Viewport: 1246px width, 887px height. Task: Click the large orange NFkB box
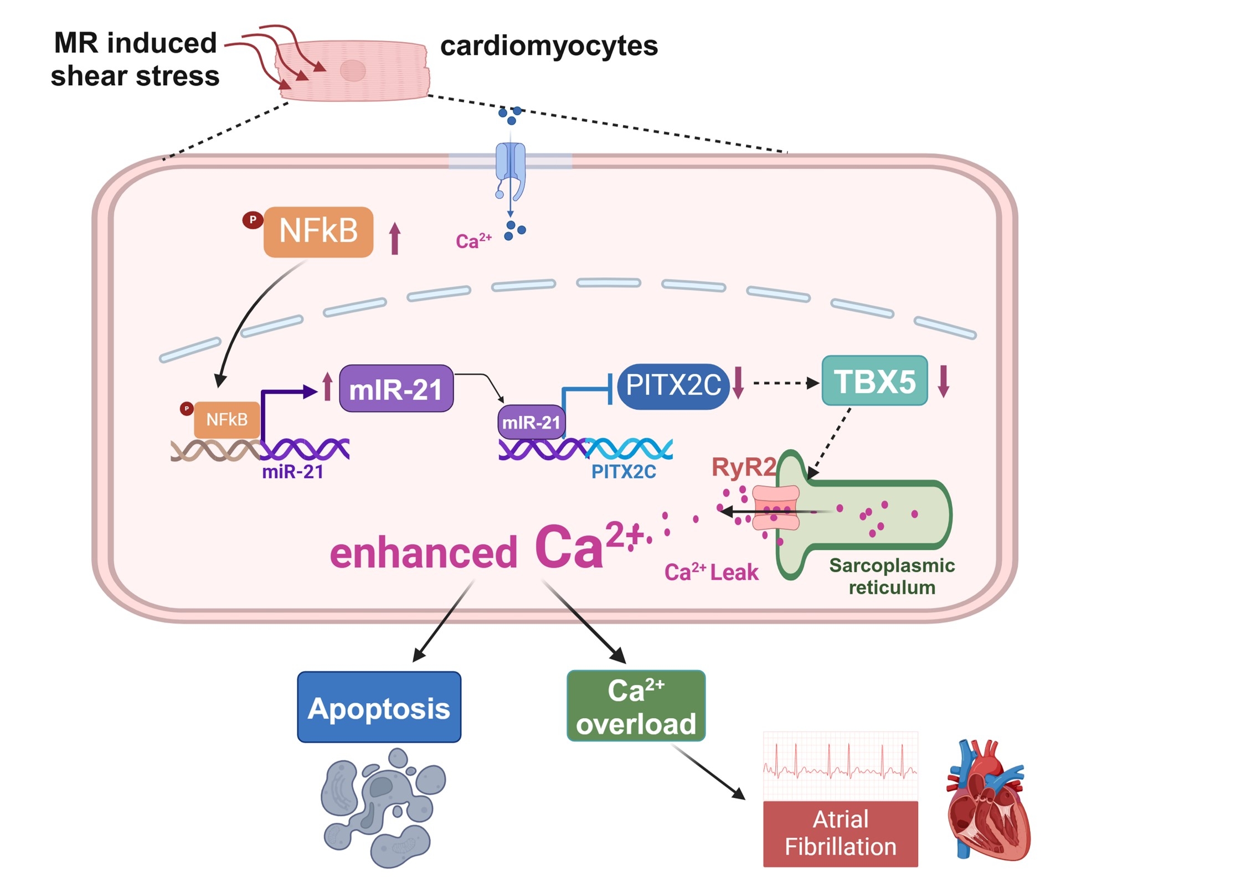[x=318, y=231]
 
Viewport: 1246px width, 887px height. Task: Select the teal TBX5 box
[x=874, y=381]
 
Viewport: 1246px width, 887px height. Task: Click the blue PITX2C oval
[x=673, y=385]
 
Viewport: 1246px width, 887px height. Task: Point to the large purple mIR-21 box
[x=396, y=389]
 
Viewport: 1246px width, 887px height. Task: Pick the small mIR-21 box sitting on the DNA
[x=531, y=422]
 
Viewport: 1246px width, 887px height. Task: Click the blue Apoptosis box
[x=379, y=707]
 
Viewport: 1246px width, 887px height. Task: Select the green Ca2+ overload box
[x=636, y=706]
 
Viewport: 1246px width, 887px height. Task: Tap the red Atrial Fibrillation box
[x=840, y=833]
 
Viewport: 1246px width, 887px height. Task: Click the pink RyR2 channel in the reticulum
[x=775, y=508]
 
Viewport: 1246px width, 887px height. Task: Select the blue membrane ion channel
[x=510, y=169]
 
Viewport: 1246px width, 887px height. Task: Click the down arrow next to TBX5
[x=944, y=381]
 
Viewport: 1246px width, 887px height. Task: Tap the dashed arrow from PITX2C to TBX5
[x=785, y=383]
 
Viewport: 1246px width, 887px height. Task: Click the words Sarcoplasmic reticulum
[x=892, y=576]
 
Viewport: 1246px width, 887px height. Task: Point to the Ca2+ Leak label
[x=711, y=572]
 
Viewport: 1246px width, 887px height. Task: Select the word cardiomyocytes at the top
[x=549, y=46]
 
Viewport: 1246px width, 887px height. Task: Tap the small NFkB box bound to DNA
[x=226, y=420]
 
